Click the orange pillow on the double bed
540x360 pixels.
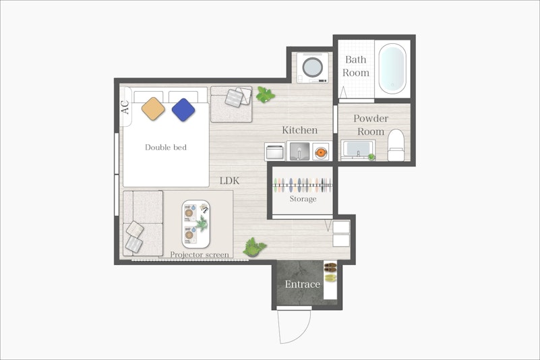153,109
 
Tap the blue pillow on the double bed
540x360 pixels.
183,110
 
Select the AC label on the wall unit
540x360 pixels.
125,107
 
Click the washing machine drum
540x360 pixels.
313,67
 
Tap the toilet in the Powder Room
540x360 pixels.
396,145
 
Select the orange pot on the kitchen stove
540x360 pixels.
321,152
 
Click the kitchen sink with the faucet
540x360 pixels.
299,152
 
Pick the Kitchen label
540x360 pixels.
299,130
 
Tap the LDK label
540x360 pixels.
229,181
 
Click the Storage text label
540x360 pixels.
303,199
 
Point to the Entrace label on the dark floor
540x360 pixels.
303,284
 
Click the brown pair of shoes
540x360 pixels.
330,267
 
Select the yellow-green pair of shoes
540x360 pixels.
330,278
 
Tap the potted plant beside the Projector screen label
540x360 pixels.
254,247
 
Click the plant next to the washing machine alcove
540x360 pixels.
264,95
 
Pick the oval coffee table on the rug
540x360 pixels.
196,224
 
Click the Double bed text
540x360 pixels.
166,148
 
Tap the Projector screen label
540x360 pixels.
200,255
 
